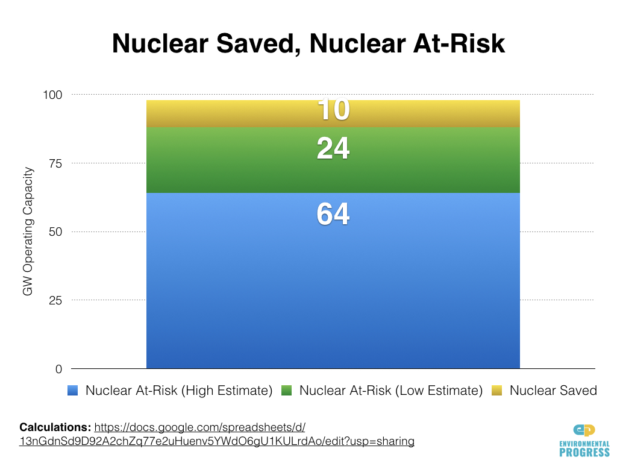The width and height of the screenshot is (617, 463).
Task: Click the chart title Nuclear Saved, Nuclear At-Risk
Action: pos(308,43)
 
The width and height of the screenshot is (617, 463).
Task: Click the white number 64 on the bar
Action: pos(333,215)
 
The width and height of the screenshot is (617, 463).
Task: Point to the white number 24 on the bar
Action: pos(333,149)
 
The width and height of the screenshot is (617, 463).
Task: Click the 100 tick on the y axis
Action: pos(54,95)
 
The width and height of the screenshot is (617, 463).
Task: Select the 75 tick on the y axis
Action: pos(56,163)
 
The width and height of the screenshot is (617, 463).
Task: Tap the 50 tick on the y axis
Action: pos(56,232)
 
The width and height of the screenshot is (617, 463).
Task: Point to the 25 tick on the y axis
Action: pos(56,300)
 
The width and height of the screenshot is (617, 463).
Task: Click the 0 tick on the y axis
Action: pos(59,369)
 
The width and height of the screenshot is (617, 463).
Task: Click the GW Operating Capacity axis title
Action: pos(28,232)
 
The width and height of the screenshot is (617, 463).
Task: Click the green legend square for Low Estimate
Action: pos(287,391)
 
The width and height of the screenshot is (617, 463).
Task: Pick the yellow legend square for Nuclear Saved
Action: pos(497,391)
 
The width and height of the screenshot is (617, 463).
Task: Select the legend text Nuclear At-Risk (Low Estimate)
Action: pos(391,391)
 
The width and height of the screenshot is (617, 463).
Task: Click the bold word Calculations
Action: pos(55,427)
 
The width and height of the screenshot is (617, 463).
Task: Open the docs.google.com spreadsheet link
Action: pos(217,435)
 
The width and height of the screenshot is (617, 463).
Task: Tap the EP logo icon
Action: pos(584,430)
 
